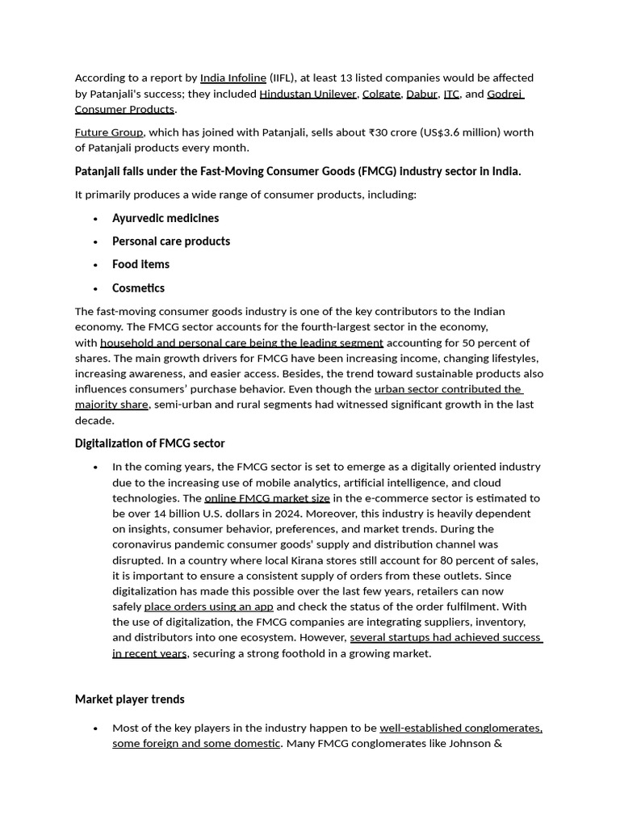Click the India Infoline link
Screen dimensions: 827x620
[x=233, y=78]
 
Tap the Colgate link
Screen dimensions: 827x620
[x=381, y=94]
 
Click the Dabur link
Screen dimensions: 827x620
[x=421, y=94]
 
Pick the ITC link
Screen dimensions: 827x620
[x=451, y=94]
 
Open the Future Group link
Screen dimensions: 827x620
[x=109, y=132]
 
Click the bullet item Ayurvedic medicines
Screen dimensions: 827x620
[x=165, y=218]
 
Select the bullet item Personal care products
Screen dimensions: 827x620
[x=171, y=241]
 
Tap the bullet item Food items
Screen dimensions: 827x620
[x=141, y=264]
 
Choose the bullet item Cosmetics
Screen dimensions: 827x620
[x=138, y=288]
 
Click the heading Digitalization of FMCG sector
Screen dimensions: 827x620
[x=150, y=443]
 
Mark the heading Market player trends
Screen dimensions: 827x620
[x=130, y=699]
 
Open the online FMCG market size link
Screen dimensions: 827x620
[x=267, y=498]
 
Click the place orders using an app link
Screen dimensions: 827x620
[x=209, y=607]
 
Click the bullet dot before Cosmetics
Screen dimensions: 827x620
[x=95, y=289]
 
